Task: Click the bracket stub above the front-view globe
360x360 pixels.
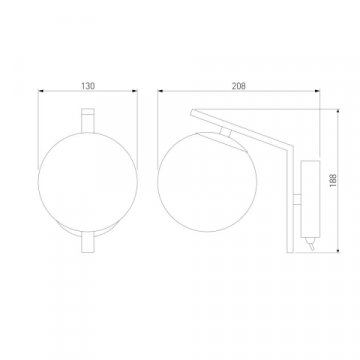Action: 87,126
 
